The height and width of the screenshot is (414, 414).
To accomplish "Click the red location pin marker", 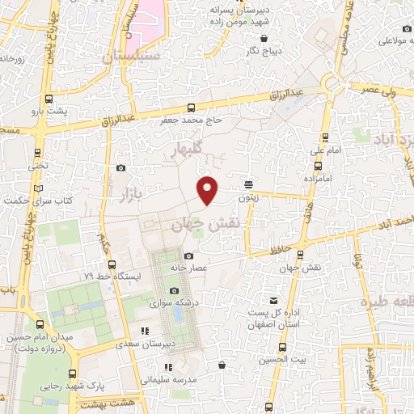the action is click(x=209, y=189).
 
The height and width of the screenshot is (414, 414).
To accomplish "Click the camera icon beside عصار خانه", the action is click(x=190, y=256).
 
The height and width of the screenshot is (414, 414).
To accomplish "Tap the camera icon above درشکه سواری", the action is click(x=174, y=291).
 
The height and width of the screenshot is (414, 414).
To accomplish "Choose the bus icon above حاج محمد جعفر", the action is click(x=191, y=108).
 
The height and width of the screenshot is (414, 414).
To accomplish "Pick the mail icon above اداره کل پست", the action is click(x=272, y=301).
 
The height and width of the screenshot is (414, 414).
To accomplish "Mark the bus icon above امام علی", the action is click(x=325, y=137).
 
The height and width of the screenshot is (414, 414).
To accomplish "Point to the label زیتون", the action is click(x=247, y=196).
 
